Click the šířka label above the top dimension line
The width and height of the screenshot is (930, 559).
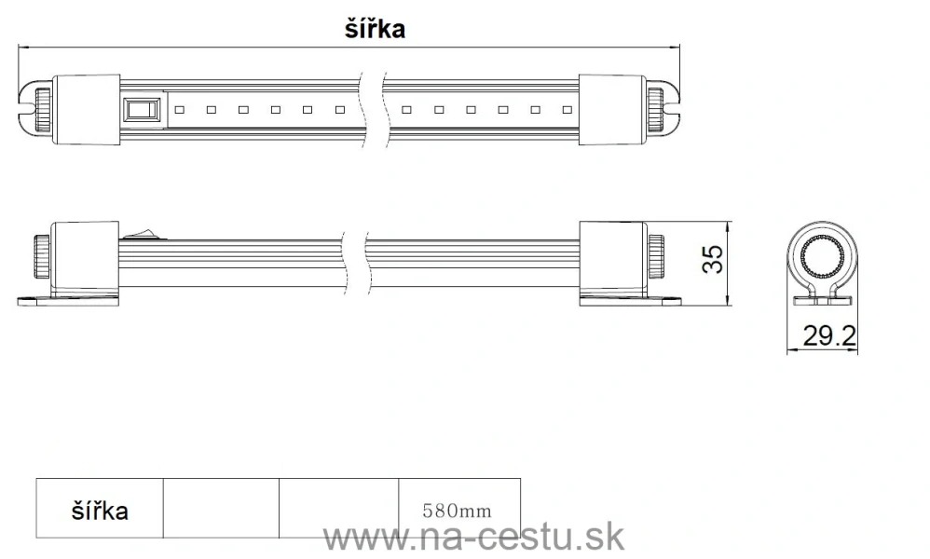click(375, 29)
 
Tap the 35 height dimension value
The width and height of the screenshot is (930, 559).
click(713, 260)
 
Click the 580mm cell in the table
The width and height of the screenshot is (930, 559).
click(457, 511)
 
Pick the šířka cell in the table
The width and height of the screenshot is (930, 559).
click(100, 511)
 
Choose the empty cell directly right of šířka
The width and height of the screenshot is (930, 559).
click(221, 509)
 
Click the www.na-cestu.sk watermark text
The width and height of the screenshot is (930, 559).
click(473, 538)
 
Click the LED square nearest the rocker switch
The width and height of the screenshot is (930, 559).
click(178, 110)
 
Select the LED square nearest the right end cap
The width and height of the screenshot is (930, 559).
click(566, 110)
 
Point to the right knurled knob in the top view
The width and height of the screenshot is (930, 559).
click(658, 109)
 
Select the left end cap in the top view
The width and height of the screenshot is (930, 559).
click(89, 109)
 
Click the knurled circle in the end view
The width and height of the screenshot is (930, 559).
click(820, 260)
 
